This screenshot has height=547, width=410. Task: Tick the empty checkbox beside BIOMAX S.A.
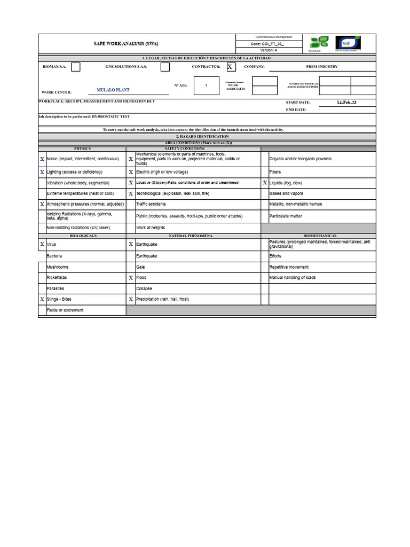click(76, 67)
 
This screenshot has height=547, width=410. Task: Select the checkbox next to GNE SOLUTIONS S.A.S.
click(165, 67)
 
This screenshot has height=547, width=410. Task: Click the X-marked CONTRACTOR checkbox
click(230, 67)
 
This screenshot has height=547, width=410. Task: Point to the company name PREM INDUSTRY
click(321, 67)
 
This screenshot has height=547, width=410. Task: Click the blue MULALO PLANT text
click(113, 90)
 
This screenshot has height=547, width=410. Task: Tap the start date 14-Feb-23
click(346, 103)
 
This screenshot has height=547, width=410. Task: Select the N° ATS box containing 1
click(206, 85)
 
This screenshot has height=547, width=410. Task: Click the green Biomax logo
click(319, 42)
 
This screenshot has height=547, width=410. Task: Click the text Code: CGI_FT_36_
click(270, 44)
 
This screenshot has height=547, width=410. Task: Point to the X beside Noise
click(42, 159)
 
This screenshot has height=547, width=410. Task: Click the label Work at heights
click(151, 228)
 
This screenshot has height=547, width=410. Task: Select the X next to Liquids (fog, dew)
click(265, 183)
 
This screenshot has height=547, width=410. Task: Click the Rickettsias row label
click(57, 278)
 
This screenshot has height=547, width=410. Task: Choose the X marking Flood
click(131, 278)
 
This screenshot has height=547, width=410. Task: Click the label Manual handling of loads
click(293, 278)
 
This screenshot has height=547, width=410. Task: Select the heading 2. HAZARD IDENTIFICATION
click(207, 136)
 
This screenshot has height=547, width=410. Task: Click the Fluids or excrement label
click(65, 310)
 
